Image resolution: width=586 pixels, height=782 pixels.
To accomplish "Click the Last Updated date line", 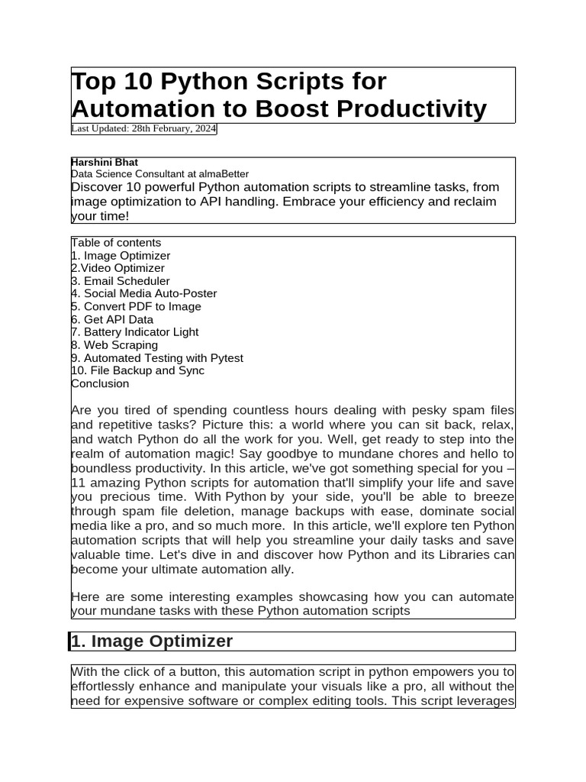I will pos(143,129).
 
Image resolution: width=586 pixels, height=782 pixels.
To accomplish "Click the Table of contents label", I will pos(116,243).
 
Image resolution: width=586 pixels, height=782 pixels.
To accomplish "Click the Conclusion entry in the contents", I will pos(100,383).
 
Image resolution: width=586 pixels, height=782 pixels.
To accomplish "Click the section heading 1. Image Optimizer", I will pos(151,641).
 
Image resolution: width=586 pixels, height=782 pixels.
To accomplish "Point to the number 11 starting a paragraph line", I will pos(77,483).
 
